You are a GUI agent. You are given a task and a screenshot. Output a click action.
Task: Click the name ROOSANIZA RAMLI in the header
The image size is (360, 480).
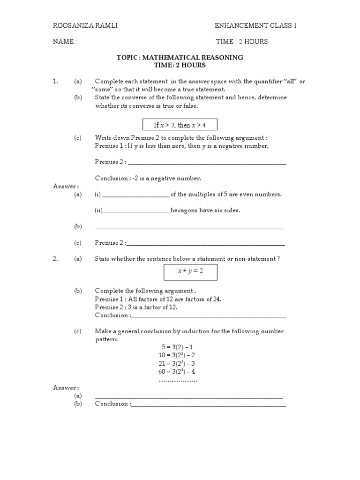point(85,26)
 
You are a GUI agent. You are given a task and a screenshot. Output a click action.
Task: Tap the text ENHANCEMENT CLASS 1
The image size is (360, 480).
point(256,26)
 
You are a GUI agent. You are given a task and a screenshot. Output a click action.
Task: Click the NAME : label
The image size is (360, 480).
point(65,42)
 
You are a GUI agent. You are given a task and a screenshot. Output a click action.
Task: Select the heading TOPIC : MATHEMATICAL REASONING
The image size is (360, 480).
point(180,57)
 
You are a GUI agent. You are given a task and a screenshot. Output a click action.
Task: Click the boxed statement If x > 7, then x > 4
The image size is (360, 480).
point(180,125)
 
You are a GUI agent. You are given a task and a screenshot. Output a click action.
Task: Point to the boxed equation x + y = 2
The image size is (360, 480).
point(190,271)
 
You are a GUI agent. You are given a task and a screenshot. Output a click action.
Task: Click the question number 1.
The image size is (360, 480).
point(55,82)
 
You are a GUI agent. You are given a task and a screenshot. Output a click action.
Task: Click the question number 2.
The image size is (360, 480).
point(55,259)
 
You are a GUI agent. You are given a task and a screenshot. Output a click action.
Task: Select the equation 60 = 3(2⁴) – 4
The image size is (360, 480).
point(178,371)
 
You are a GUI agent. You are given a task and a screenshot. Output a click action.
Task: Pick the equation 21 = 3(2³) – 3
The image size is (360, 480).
point(178,363)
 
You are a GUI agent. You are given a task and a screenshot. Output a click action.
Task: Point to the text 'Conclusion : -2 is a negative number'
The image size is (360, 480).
point(148,178)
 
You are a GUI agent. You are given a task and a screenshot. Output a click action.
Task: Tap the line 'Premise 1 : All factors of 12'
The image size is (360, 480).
point(158,299)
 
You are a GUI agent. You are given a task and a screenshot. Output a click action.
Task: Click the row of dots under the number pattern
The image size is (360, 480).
point(178,380)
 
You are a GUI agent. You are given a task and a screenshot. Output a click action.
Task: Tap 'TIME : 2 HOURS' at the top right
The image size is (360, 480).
point(241,42)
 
